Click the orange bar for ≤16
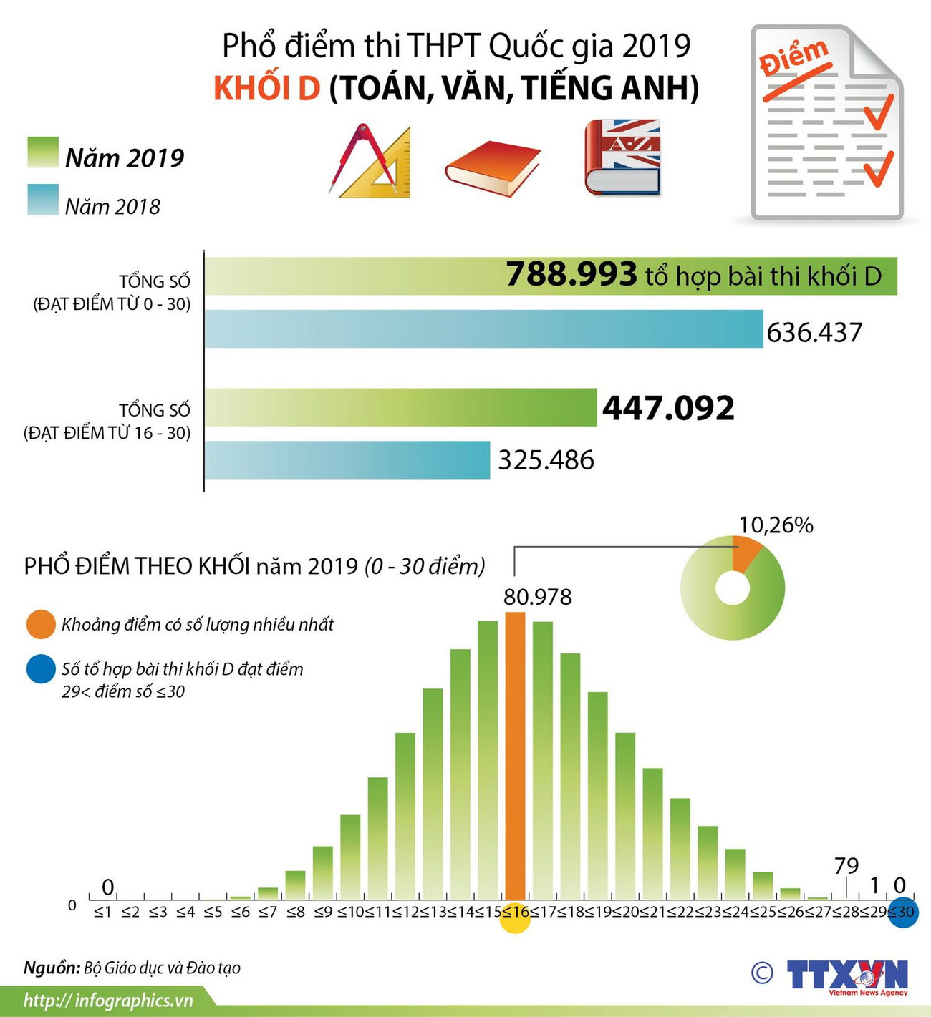coord(515,759)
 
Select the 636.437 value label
coord(814,333)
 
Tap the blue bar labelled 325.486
coord(347,459)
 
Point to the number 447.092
coord(668,408)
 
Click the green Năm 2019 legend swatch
coord(43,152)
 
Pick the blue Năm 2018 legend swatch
coord(43,200)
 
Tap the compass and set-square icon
coord(371,162)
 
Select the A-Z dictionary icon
coord(622,157)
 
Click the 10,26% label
coord(776,525)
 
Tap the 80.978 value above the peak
coord(537,597)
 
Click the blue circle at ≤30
coord(903,913)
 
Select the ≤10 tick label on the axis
coord(350,912)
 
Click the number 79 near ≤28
coord(846,866)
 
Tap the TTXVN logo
coord(847,976)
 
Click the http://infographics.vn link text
coord(108,1001)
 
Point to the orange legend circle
coord(40,625)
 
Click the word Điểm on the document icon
coord(794,58)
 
